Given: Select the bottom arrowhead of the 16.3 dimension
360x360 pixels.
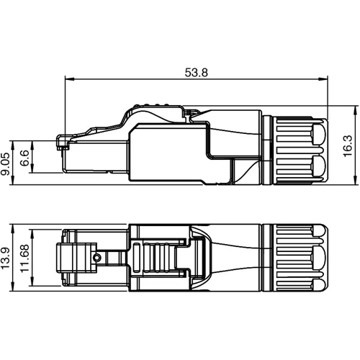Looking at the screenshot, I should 356,183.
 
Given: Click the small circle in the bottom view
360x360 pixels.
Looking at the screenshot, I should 96,257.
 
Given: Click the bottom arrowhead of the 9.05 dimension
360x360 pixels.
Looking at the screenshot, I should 14,172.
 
